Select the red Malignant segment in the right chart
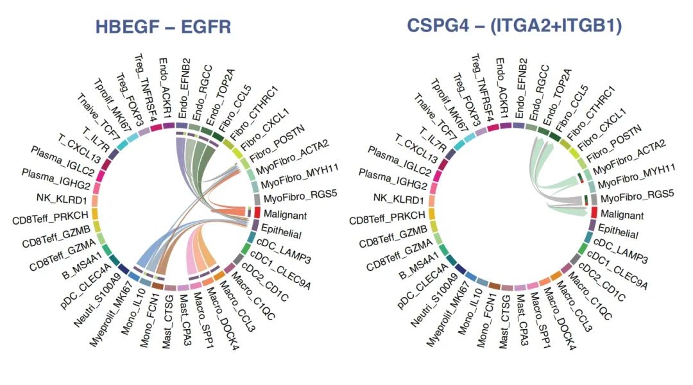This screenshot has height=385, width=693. point(594,212)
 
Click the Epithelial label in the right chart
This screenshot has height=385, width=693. point(620,232)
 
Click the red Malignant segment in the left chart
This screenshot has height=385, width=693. point(257,212)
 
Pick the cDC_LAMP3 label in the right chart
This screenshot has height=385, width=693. point(621,252)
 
